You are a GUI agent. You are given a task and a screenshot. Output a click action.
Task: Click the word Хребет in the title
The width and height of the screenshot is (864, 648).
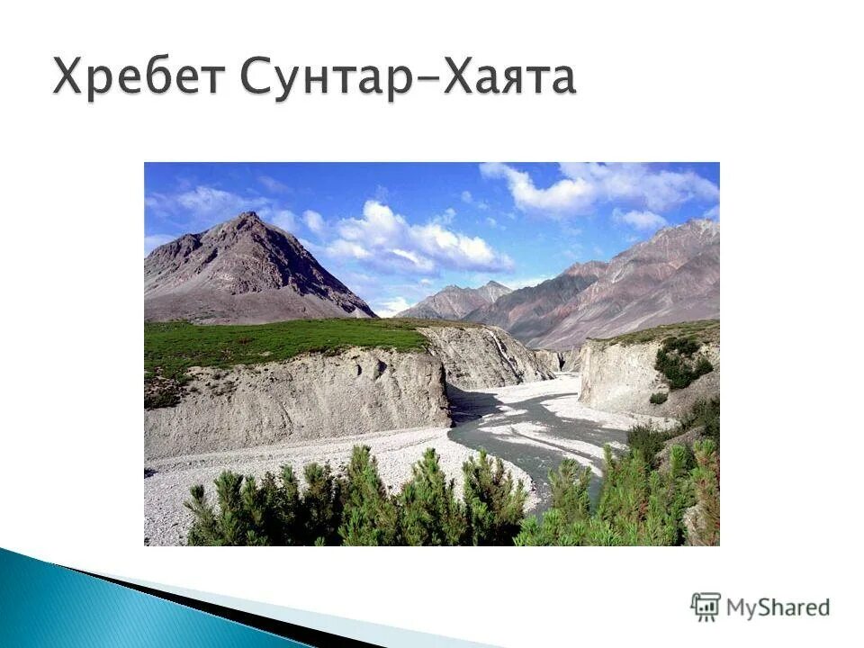pyautogui.click(x=136, y=77)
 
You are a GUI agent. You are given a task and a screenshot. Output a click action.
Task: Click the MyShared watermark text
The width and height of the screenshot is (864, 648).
pyautogui.click(x=778, y=607)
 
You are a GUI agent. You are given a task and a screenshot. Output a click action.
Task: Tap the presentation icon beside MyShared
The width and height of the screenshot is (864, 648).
pyautogui.click(x=706, y=607)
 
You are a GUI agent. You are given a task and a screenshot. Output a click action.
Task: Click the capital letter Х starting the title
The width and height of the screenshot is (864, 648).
pyautogui.click(x=71, y=77)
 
